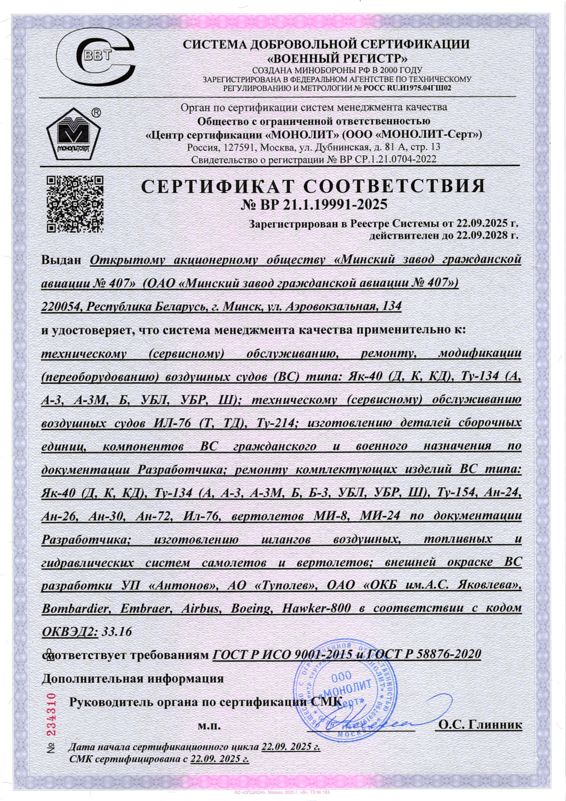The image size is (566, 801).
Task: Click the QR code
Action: coord(75,204)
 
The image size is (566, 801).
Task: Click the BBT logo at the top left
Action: coord(95,57)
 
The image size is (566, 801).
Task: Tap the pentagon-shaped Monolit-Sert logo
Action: coord(73,134)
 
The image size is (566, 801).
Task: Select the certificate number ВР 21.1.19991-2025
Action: coord(314,205)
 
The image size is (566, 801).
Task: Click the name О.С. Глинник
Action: coord(480,724)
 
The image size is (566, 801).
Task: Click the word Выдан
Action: coord(61,260)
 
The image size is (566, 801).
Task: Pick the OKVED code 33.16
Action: coord(117,632)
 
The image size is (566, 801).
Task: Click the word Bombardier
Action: coord(75,609)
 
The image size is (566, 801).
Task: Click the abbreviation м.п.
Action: coord(209,725)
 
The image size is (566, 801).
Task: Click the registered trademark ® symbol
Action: coord(96,113)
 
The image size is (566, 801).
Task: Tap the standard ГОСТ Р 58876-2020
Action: coord(424,654)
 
